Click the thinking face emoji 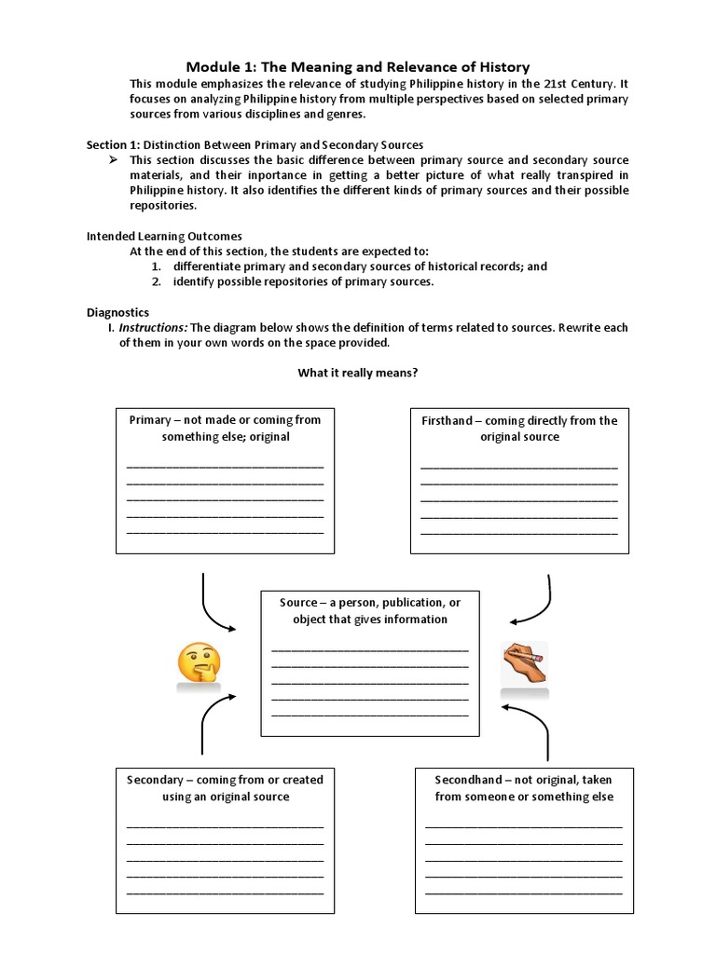[x=199, y=663]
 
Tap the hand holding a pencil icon [x=525, y=664]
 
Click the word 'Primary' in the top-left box [x=150, y=420]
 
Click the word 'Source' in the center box [x=298, y=603]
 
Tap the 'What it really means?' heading [x=358, y=374]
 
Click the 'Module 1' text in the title [x=219, y=66]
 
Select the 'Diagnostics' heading [x=117, y=313]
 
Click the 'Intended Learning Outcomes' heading [x=164, y=237]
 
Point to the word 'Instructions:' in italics [x=153, y=328]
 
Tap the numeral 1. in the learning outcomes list [x=157, y=266]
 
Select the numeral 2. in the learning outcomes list [x=157, y=281]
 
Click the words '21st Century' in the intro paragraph [x=576, y=83]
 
